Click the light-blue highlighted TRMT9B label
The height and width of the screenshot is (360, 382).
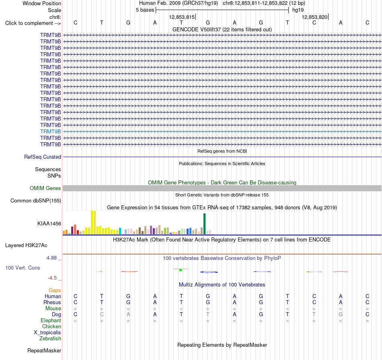point(50,131)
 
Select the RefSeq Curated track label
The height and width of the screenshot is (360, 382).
point(42,157)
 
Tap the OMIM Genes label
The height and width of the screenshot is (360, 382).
point(45,188)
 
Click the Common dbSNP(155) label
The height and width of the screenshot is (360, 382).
point(35,200)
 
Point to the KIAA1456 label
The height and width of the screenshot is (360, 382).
point(49,223)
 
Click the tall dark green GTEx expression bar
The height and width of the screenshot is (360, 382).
point(204,224)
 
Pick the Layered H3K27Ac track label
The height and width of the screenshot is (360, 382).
point(26,245)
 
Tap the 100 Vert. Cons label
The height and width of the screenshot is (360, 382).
point(23,268)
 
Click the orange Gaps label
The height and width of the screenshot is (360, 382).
point(55,290)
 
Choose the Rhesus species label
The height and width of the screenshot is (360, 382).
point(52,302)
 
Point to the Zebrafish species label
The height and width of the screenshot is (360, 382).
point(50,338)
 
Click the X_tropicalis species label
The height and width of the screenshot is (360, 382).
point(47,333)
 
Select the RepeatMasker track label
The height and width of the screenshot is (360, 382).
point(44,350)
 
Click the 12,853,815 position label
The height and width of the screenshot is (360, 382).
point(182,17)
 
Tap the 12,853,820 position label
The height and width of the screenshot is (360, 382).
point(314,17)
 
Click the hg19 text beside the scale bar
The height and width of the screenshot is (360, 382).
point(298,10)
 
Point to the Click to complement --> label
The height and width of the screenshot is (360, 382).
point(33,23)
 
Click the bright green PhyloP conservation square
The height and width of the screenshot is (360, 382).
point(181,270)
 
